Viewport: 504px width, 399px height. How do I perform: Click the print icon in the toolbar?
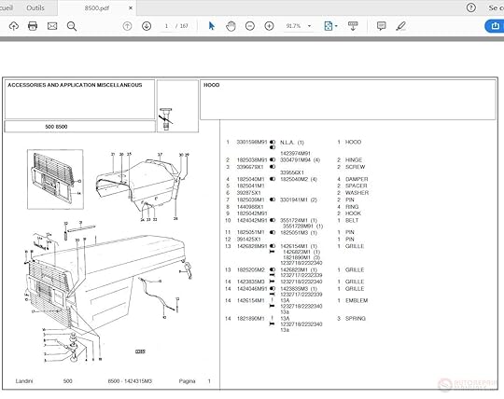tap(33, 26)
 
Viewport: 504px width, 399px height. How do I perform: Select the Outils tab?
tap(35, 7)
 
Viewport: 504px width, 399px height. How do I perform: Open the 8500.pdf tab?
tap(98, 7)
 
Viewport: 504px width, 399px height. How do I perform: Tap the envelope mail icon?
tap(51, 26)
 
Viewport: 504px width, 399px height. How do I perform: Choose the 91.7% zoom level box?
tap(294, 26)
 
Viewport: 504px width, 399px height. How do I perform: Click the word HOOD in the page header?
tap(212, 85)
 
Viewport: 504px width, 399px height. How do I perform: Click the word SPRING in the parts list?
tap(355, 318)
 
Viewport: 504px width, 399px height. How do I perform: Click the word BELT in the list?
tap(351, 220)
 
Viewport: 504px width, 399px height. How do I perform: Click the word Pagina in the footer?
tap(187, 381)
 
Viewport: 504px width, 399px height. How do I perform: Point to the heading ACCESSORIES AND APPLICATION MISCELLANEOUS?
tap(75, 85)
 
